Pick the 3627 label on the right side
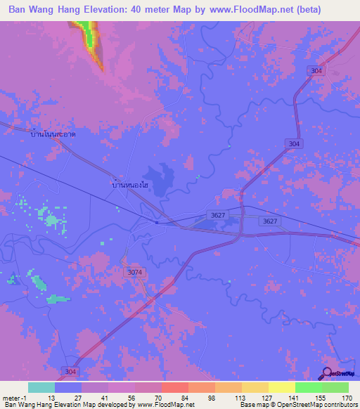pos(268,221)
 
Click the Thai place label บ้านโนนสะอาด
pos(53,133)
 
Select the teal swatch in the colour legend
pos(41,387)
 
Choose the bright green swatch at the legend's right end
pos(335,387)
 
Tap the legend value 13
pos(51,397)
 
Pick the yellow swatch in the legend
pos(282,387)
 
